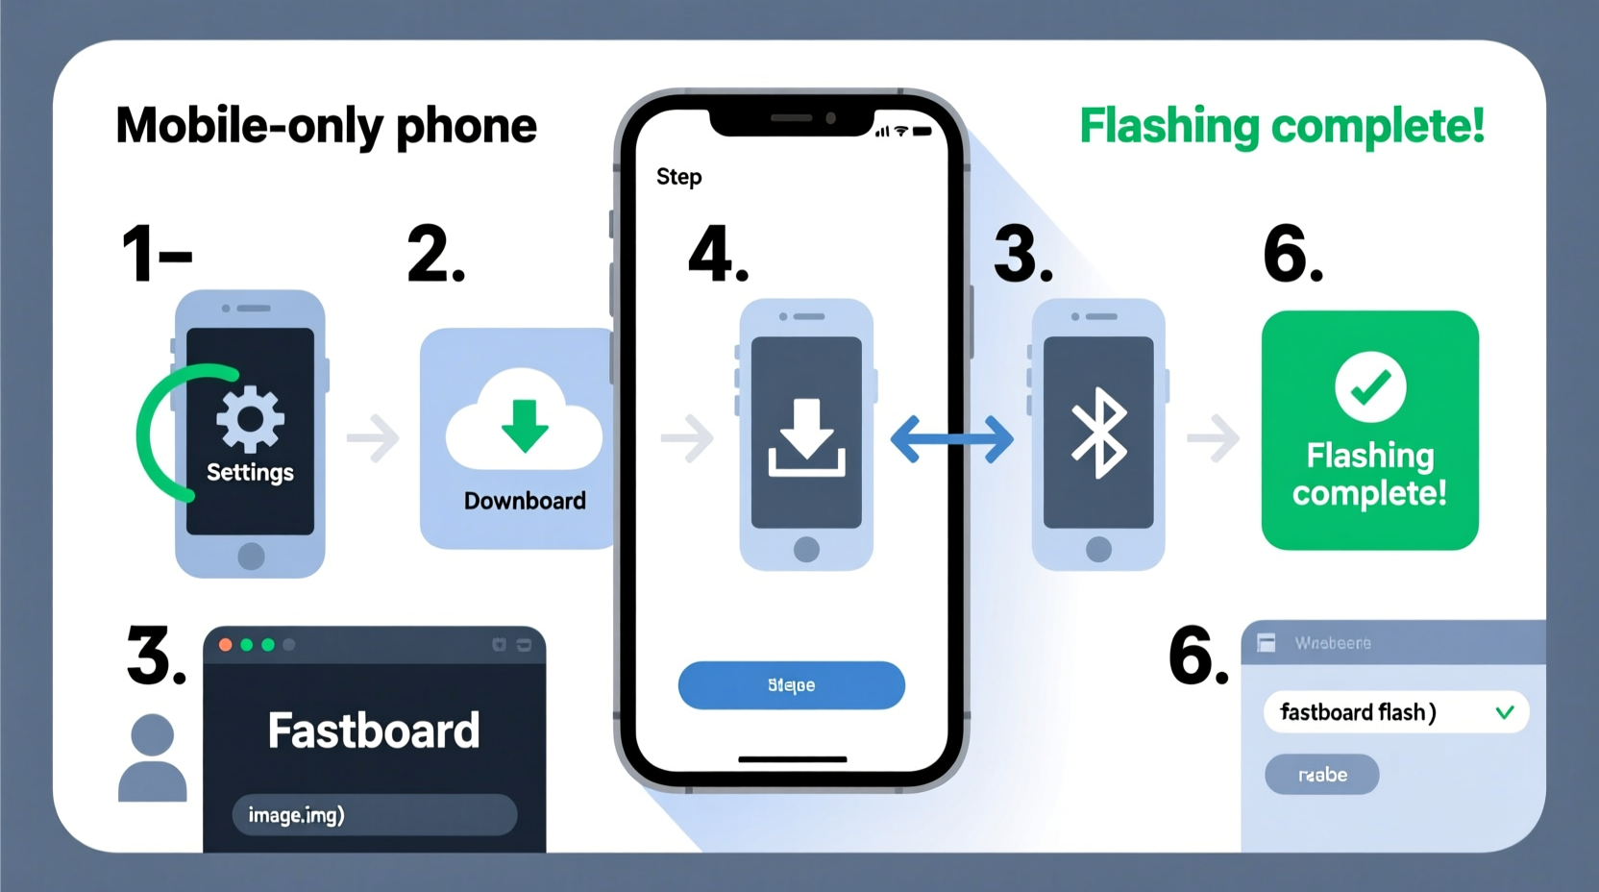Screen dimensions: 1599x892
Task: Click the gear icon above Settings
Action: [250, 419]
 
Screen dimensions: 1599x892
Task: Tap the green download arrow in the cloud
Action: [525, 424]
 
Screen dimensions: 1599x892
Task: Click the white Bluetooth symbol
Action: [1098, 434]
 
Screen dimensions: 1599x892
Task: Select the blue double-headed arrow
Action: [951, 439]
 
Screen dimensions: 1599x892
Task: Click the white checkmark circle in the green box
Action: [1370, 387]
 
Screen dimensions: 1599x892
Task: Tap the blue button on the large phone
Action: [791, 685]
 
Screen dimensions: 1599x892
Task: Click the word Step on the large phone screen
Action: [678, 177]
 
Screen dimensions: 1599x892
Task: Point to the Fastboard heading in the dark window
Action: [374, 731]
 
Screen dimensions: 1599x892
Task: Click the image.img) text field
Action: [374, 815]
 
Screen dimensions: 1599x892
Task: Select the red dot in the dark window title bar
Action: [226, 645]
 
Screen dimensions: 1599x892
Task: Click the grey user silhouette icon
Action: [152, 758]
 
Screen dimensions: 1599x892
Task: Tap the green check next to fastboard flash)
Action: [1505, 712]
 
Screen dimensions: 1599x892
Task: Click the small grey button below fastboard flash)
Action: [1321, 775]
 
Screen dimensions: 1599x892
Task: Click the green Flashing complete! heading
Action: [1281, 126]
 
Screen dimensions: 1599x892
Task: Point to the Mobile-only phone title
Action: [326, 126]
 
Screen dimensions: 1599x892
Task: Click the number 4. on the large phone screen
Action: [718, 255]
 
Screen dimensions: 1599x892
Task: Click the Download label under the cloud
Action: [525, 501]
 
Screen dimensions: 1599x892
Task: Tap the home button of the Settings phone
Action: [251, 556]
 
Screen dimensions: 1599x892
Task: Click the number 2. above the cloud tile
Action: [435, 255]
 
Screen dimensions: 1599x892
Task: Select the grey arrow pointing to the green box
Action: [1213, 438]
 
